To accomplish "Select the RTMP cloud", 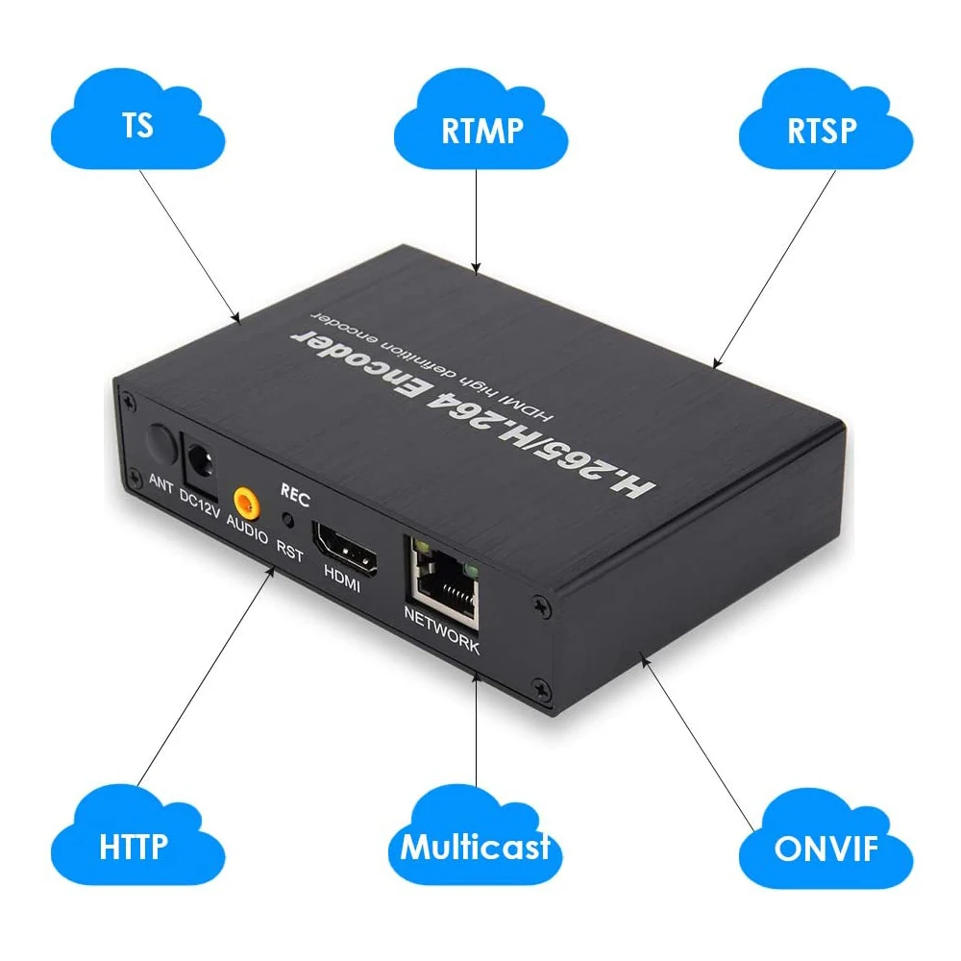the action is pos(480,120).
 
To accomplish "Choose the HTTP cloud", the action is pos(137,836).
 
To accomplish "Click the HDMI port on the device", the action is pos(344,549).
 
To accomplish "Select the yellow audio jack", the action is pos(246,504).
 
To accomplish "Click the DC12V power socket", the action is pos(200,463).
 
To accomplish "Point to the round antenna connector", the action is pos(161,443).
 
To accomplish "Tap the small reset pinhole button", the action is pos(287,520).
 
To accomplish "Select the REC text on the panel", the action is pos(295,495).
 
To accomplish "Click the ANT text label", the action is pos(161,483).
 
